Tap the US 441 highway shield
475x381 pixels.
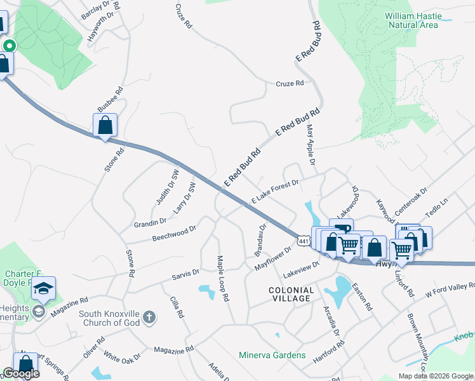pos(304,240)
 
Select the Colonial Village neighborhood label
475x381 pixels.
pos(290,295)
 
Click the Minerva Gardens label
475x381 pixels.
pos(272,355)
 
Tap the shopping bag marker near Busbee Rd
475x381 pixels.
pos(105,126)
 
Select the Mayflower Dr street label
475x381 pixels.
pos(272,259)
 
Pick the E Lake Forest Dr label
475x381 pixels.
pos(275,191)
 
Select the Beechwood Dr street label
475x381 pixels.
pos(174,233)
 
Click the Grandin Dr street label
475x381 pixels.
pos(150,222)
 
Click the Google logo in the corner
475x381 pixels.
pos(20,373)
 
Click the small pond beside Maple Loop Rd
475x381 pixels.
pos(206,291)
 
